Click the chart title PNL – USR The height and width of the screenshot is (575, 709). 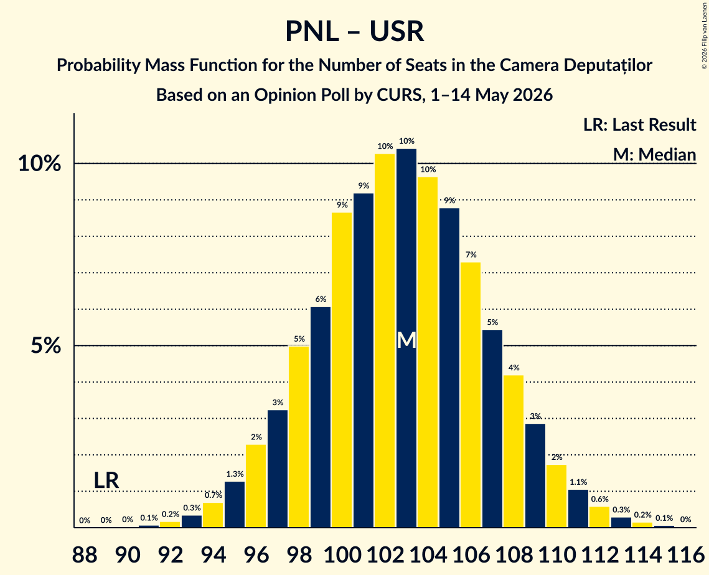(355, 32)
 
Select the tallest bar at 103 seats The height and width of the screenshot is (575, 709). (406, 338)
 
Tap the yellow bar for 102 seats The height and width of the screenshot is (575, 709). (385, 341)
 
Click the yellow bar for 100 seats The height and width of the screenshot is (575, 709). (342, 370)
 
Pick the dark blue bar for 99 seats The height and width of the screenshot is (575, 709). (321, 417)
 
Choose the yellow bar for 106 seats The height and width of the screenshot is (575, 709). (471, 395)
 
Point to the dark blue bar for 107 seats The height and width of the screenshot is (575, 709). (492, 429)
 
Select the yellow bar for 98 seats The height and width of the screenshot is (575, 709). (299, 437)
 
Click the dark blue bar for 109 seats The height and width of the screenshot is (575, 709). (535, 476)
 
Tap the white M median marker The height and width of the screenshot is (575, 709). (406, 340)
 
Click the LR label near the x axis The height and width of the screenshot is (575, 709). (106, 480)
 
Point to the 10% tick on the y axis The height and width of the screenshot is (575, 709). (39, 164)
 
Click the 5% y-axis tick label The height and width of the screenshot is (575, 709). (45, 346)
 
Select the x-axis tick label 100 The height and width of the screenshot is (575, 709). (342, 554)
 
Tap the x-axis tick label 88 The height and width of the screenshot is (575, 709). (85, 554)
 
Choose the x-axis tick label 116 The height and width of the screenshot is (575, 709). (685, 554)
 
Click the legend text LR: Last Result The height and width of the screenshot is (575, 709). (639, 124)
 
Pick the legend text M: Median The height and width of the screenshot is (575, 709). (654, 154)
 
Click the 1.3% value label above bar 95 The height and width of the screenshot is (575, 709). (235, 474)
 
